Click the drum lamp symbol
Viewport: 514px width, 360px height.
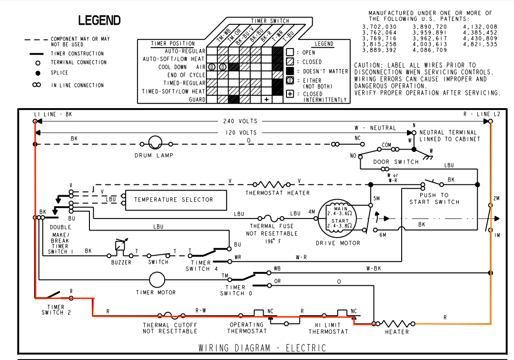(x=155, y=143)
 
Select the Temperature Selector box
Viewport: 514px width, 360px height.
(x=174, y=200)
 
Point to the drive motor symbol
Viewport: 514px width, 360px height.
(x=339, y=219)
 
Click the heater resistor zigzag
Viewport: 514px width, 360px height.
(x=396, y=324)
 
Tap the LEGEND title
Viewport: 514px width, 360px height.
(x=99, y=20)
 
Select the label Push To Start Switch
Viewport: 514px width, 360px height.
(x=434, y=199)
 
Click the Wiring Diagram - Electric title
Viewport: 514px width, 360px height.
(x=262, y=348)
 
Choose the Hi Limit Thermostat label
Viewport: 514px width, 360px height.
(x=328, y=329)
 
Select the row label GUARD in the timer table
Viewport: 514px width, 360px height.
(x=197, y=100)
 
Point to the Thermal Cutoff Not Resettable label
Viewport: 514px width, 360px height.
(x=170, y=328)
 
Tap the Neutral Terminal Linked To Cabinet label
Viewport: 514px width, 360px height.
(x=448, y=136)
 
